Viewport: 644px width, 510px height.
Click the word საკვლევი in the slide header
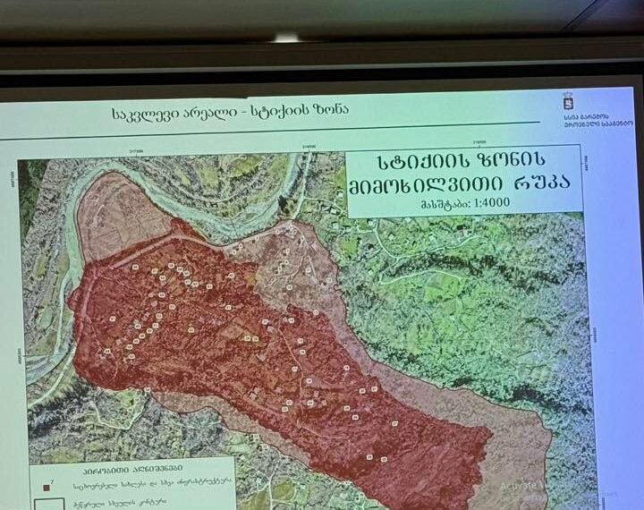(x=146, y=115)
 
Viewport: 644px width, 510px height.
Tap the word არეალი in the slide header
(x=214, y=115)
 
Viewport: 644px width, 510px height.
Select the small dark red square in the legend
(x=45, y=486)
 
